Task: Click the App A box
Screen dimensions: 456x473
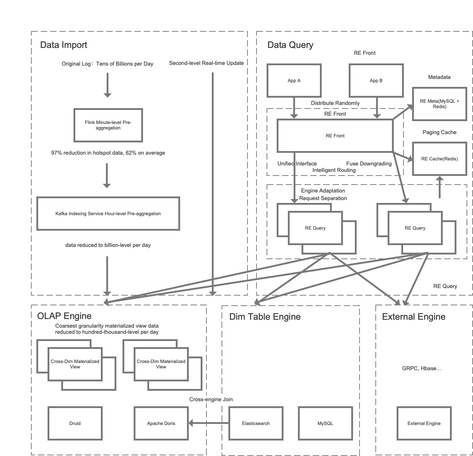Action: coord(294,81)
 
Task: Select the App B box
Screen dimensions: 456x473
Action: coord(376,81)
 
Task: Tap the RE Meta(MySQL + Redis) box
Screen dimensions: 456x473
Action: coord(439,104)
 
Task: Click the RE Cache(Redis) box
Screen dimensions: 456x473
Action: coord(439,159)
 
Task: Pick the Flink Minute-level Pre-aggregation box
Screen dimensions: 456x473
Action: coord(108,125)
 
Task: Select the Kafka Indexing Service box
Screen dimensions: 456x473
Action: coord(108,213)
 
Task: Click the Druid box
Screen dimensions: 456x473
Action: coord(75,424)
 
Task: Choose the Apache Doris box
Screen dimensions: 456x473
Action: coord(161,424)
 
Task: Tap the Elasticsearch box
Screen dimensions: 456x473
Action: coord(256,424)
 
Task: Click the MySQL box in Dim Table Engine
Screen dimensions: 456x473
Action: coord(325,424)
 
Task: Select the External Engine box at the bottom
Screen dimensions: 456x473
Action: coord(424,424)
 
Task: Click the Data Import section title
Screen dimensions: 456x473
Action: coord(64,45)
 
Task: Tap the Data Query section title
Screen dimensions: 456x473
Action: coord(290,45)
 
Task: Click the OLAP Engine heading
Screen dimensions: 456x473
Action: coord(64,316)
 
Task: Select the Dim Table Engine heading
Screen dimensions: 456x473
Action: coord(265,317)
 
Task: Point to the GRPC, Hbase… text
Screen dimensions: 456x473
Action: coord(422,368)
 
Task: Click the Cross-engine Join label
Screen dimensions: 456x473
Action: coord(211,399)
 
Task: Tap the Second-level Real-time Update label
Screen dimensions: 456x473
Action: coord(206,63)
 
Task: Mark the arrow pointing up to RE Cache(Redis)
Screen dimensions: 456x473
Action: coord(439,187)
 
